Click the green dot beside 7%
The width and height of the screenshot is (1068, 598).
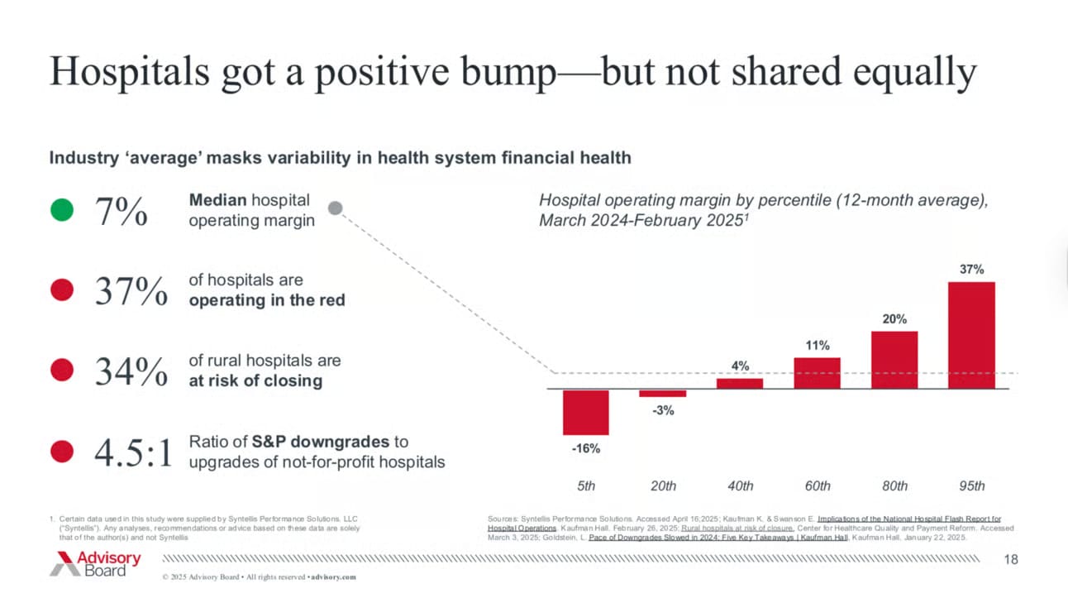[61, 211]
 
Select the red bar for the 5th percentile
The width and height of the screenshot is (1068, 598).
[586, 411]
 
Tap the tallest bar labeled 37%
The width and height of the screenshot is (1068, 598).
[971, 335]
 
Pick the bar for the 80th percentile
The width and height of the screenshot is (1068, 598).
[894, 360]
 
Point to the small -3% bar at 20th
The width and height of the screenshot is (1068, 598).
[663, 393]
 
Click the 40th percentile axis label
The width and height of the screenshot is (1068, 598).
[740, 486]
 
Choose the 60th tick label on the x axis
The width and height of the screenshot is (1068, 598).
[818, 486]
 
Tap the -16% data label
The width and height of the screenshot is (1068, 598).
[586, 448]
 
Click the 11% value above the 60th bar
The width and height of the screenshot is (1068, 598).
[818, 346]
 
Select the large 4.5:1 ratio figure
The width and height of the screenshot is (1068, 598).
[134, 452]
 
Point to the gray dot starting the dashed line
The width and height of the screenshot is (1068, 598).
[335, 209]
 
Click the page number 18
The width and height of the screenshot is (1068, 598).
[1011, 561]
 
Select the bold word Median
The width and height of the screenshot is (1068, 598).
[217, 200]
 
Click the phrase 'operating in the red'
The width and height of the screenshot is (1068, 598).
[267, 300]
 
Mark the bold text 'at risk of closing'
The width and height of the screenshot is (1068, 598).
[255, 380]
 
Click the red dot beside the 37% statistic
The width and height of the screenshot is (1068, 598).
[61, 290]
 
